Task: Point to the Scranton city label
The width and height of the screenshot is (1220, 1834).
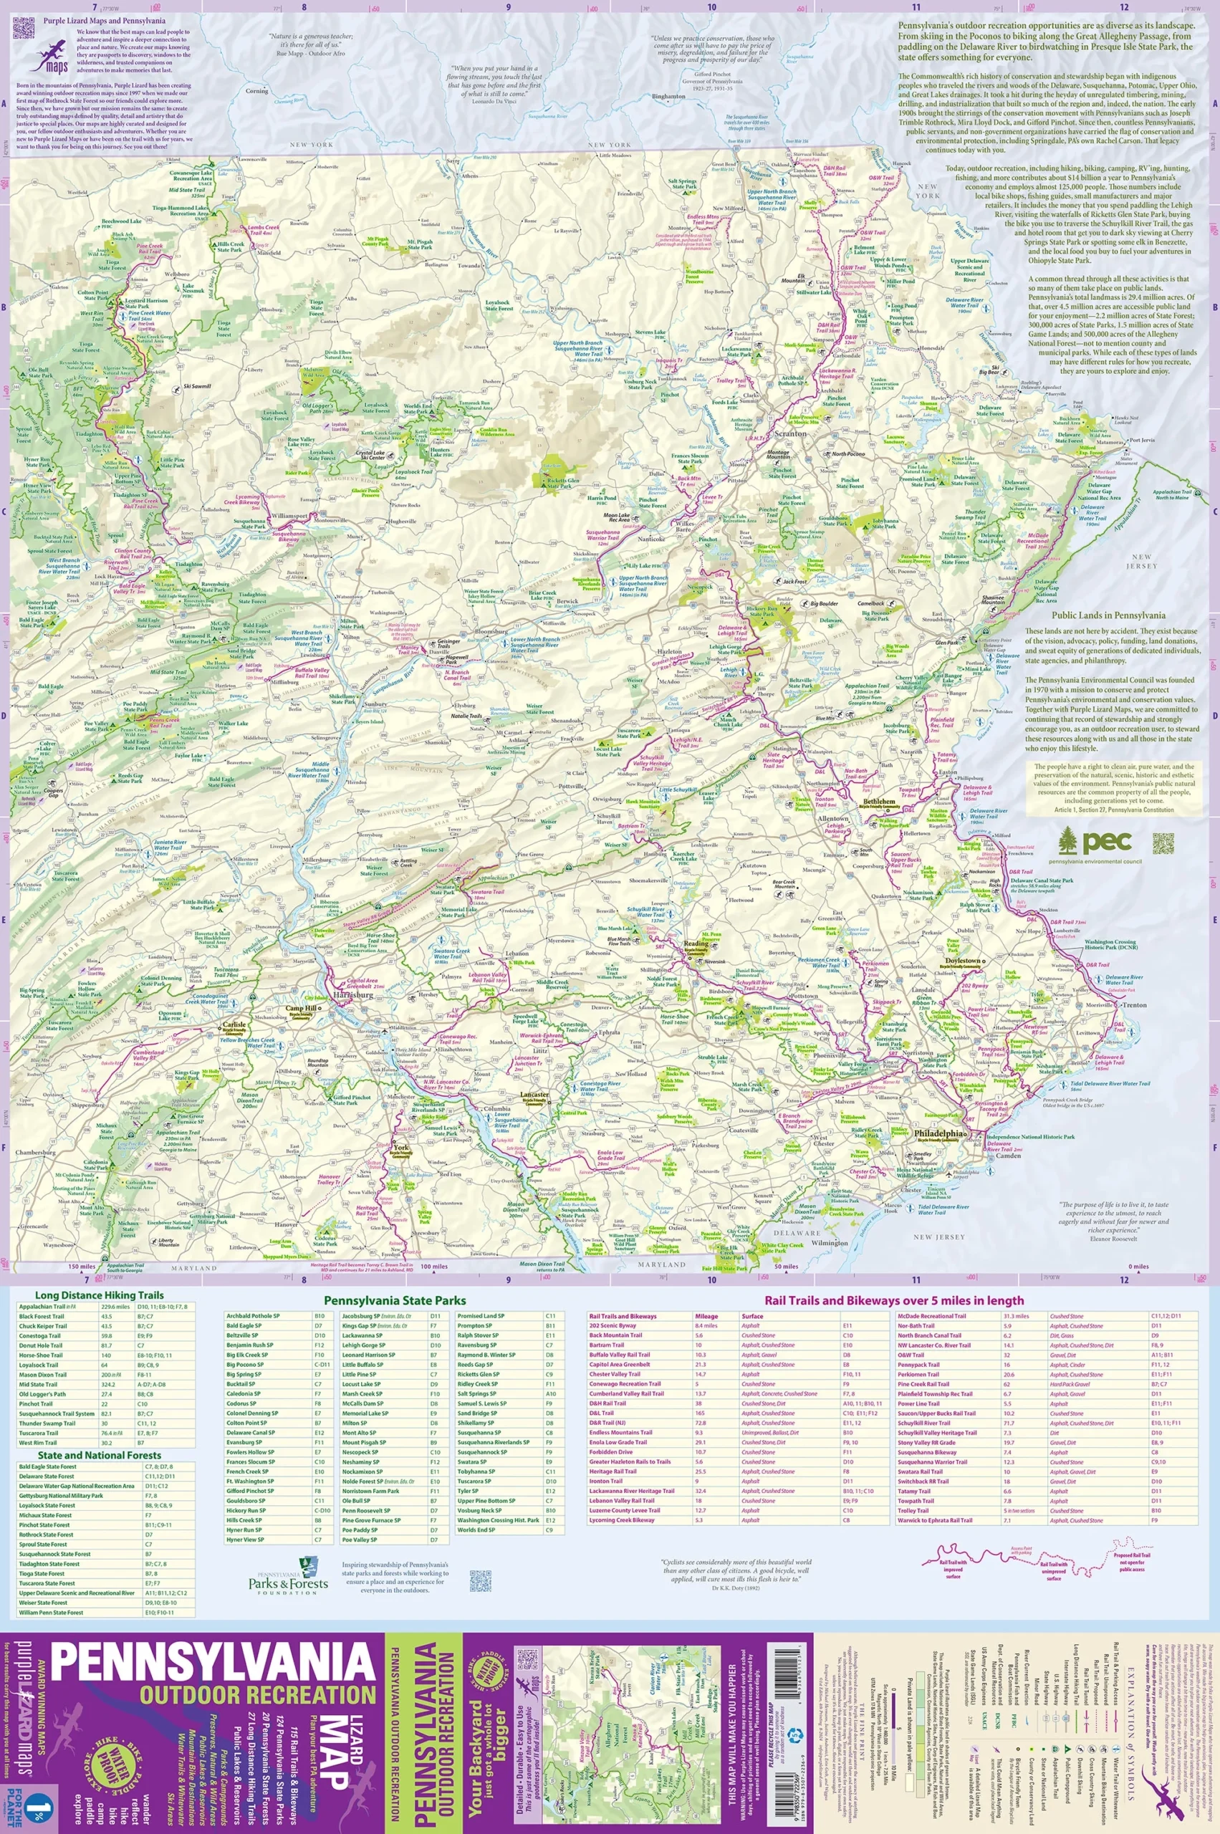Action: click(790, 433)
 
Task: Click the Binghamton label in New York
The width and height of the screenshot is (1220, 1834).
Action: click(669, 97)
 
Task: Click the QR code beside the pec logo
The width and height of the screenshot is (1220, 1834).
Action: click(1163, 842)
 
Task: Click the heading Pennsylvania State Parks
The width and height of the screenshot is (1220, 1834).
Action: click(395, 1300)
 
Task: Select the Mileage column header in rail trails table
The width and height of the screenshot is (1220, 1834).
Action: click(706, 1317)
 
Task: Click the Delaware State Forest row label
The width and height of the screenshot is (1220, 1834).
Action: click(47, 1476)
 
